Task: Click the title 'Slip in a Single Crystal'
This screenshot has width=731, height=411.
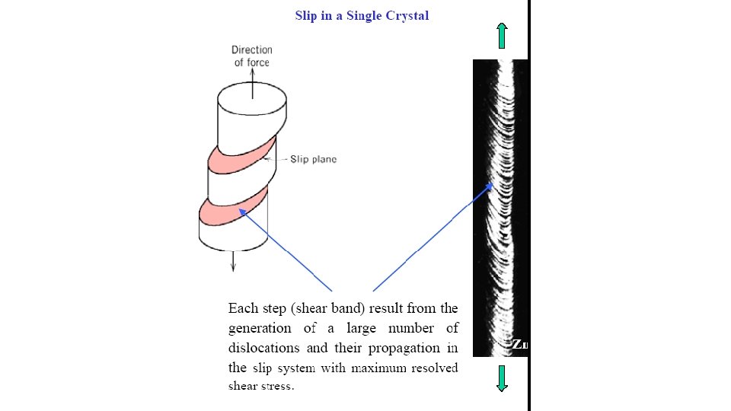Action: click(x=362, y=15)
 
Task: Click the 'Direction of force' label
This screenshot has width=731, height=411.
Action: click(x=251, y=56)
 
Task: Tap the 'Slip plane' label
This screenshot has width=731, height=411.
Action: click(x=313, y=160)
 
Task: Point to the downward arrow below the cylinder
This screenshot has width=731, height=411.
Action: click(x=234, y=260)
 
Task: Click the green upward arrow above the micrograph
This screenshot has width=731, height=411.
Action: click(x=501, y=35)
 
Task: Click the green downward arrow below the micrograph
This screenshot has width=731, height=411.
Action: click(x=501, y=378)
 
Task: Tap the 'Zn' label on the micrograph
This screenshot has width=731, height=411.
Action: click(x=519, y=345)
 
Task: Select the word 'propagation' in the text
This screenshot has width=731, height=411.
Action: click(x=404, y=348)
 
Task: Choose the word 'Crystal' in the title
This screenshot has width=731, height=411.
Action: click(x=408, y=15)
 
